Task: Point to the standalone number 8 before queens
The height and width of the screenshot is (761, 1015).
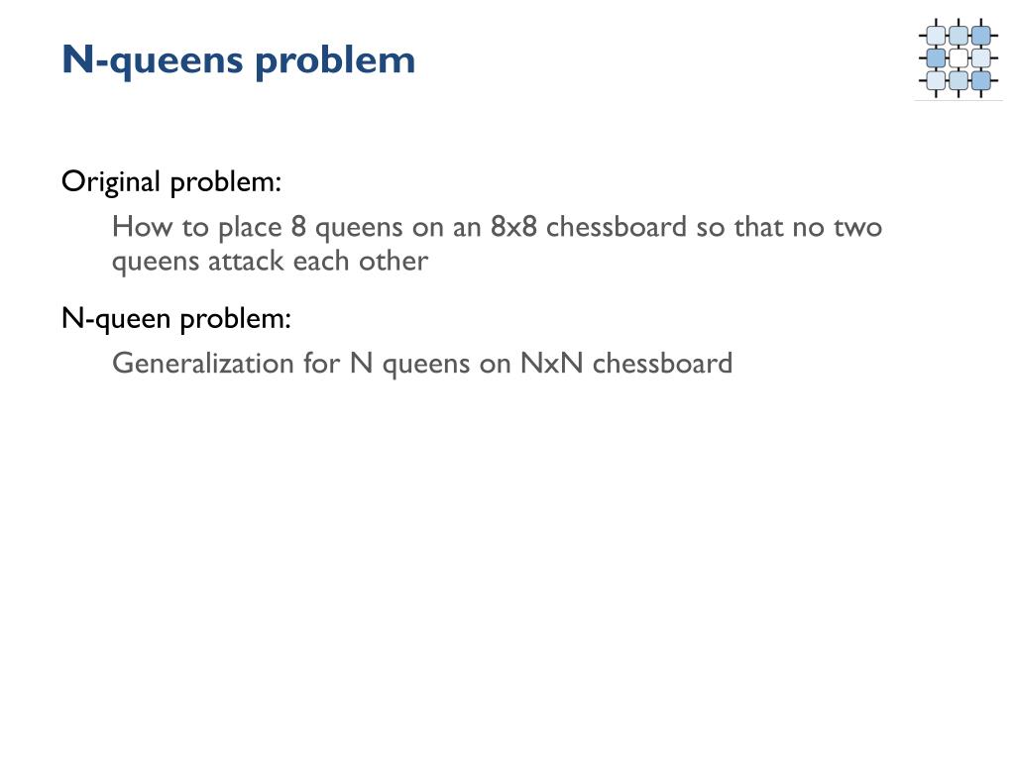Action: click(x=298, y=227)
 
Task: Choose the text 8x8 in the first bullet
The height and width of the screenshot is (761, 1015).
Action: click(x=513, y=227)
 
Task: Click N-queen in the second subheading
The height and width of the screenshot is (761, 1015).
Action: click(x=116, y=319)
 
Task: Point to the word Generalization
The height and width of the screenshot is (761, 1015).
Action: click(x=202, y=363)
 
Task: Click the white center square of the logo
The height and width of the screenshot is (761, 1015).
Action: click(x=959, y=58)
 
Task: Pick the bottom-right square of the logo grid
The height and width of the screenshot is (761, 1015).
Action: click(x=980, y=80)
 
